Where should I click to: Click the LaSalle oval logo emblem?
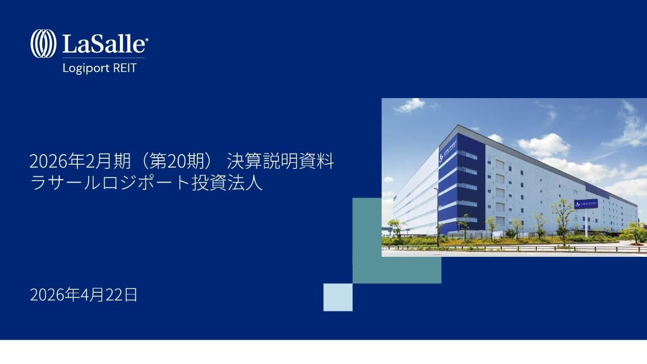(43, 43)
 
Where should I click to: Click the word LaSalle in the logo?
(103, 44)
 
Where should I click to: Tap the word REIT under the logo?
(124, 68)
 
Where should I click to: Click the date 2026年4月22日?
(83, 295)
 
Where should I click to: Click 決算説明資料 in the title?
(281, 162)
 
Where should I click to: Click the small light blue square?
(338, 297)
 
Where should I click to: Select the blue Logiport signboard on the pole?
(586, 203)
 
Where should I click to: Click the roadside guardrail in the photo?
(505, 248)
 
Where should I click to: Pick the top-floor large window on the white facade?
(499, 164)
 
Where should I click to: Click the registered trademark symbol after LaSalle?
(147, 39)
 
